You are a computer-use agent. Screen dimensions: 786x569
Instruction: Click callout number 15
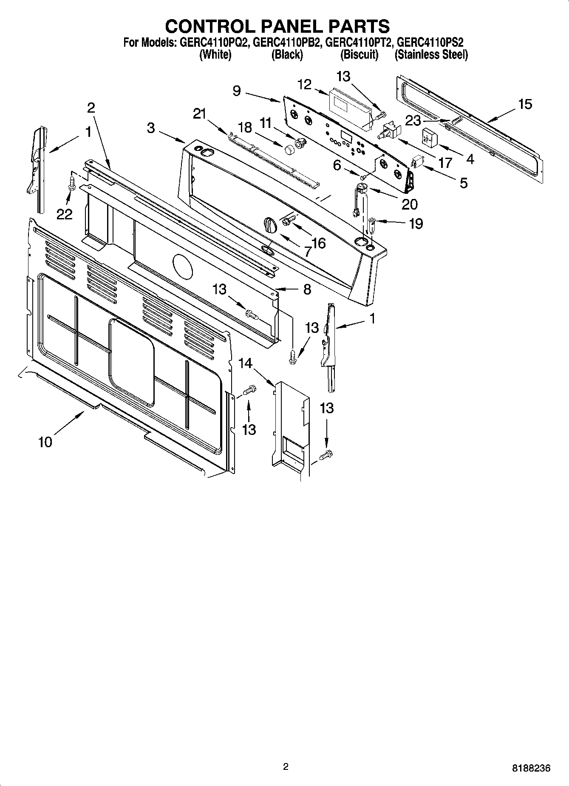pos(525,104)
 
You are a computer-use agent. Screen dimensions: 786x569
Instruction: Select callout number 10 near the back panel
pos(45,442)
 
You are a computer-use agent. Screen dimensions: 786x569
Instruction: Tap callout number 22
pos(65,215)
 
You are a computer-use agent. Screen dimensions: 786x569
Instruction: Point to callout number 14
pos(245,363)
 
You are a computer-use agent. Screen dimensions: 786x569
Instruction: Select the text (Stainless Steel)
pos(431,54)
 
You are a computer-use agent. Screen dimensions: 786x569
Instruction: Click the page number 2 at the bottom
pos(286,767)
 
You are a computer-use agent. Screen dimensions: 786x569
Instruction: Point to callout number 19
pos(416,224)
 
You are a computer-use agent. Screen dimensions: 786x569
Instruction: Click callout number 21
pos(199,114)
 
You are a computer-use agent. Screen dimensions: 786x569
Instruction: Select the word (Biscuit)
pos(359,54)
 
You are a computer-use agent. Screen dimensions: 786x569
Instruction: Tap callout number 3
pos(151,128)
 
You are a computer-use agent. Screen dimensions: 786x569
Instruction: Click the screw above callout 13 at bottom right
pos(326,455)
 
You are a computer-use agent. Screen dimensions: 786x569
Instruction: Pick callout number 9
pos(237,91)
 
